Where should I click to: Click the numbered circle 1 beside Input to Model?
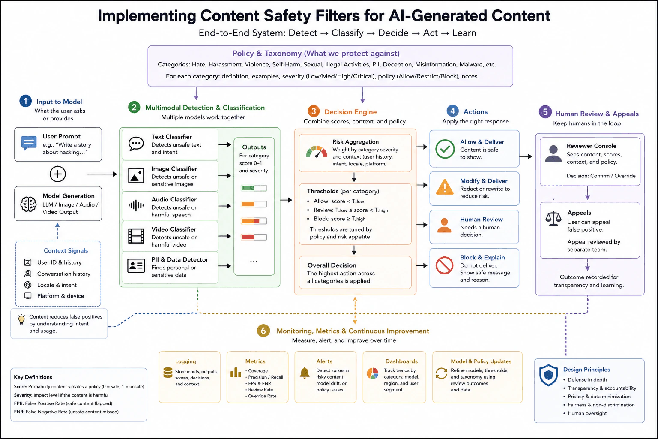(25, 101)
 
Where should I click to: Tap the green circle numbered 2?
(134, 107)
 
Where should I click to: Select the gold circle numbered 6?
(263, 331)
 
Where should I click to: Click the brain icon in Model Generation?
(29, 204)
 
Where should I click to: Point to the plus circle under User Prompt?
(57, 174)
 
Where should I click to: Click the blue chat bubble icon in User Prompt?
(29, 143)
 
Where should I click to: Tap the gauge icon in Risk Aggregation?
(317, 152)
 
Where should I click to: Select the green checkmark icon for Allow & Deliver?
(445, 149)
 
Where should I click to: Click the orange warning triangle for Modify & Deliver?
(445, 187)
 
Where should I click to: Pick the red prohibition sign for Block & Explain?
(444, 265)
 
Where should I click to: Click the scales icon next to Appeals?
(553, 219)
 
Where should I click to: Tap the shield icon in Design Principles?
(548, 375)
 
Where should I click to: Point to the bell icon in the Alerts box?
(305, 373)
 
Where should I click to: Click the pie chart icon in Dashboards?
(372, 373)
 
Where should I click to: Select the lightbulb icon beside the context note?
(21, 320)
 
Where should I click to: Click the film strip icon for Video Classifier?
(136, 236)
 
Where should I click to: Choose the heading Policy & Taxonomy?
(316, 54)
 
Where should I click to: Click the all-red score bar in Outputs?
(254, 237)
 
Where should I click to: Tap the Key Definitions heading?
(33, 377)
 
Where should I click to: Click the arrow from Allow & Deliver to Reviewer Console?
(526, 156)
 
